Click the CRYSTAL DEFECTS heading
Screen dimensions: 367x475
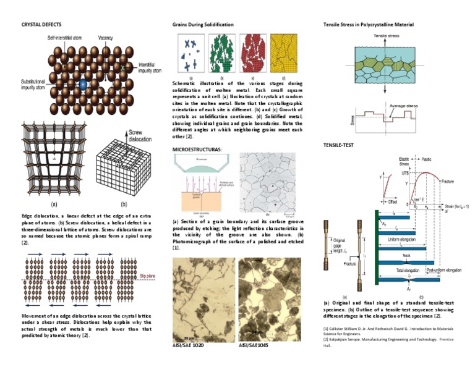(41, 25)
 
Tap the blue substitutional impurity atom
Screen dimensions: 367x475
(83, 83)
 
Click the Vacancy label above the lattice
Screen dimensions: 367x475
(105, 38)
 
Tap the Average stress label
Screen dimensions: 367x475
(403, 106)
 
